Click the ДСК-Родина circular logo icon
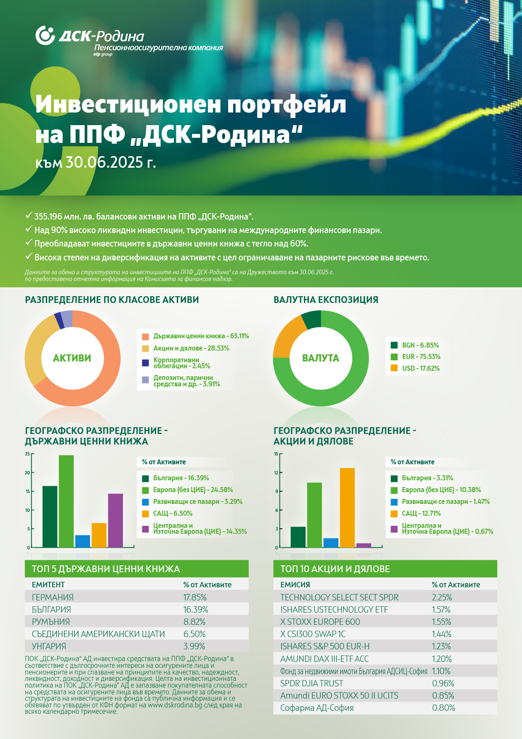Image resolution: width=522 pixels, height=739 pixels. coord(45,35)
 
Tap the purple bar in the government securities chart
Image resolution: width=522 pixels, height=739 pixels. coord(115,520)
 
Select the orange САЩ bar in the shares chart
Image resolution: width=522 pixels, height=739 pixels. coord(347,508)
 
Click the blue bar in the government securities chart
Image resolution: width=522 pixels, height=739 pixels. coord(83,541)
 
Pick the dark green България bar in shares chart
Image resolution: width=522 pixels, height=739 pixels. coord(298,537)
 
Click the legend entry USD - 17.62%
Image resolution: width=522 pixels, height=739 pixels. coord(415,368)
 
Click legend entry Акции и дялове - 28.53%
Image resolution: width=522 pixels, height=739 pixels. coord(186,348)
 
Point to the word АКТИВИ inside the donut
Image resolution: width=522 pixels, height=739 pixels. coord(72,358)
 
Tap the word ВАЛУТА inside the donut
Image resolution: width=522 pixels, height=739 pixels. coord(321,358)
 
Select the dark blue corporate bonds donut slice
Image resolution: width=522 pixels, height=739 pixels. coord(59,321)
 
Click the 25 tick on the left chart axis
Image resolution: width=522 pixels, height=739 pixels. coord(27,454)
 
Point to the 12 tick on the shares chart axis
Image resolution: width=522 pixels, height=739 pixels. coord(276,472)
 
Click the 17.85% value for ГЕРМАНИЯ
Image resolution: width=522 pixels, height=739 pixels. coord(195,597)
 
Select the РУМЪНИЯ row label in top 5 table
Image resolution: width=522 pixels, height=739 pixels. coord(51,622)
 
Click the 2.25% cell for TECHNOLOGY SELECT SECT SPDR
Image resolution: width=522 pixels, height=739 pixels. coord(442,597)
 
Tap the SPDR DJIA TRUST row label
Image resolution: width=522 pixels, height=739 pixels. coord(312,683)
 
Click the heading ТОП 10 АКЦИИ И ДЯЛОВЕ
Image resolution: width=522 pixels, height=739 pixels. coord(335,569)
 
